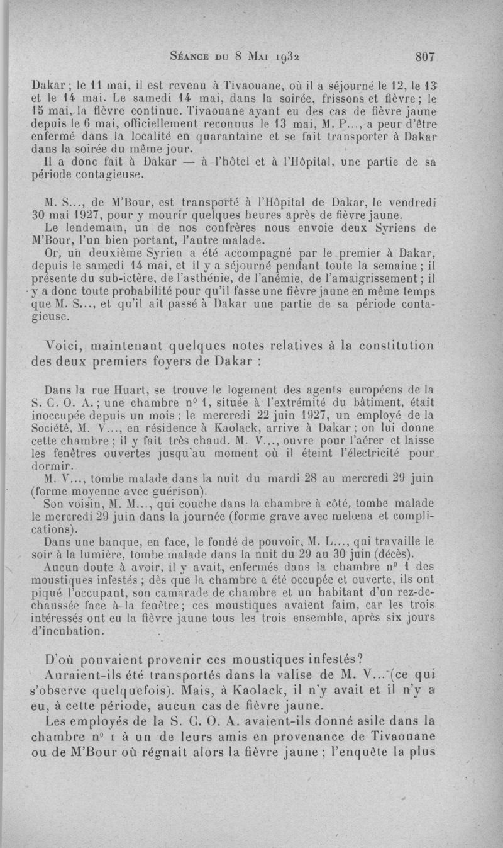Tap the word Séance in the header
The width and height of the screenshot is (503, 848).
click(x=192, y=56)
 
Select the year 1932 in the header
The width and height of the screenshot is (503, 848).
click(x=292, y=56)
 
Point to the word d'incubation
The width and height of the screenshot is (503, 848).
click(x=69, y=631)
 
